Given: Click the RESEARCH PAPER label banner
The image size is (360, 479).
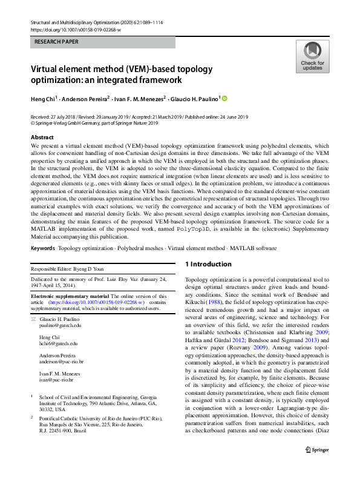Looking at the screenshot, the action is (103, 42).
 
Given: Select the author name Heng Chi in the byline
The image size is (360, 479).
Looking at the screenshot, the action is (47, 99).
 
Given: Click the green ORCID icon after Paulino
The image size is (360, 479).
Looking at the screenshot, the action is (226, 98).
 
